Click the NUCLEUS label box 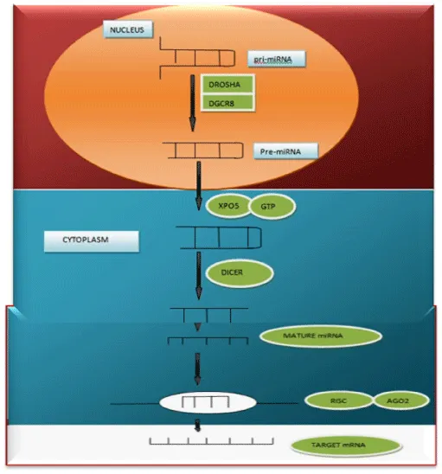(128, 29)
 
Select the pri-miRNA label (276, 59)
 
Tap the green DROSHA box (227, 85)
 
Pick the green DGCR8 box (227, 103)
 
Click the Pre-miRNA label (285, 151)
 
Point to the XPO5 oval (229, 206)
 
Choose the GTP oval (272, 207)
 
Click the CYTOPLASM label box (92, 241)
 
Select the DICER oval (240, 273)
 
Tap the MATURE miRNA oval (320, 336)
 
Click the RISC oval (338, 400)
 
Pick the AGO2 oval (401, 400)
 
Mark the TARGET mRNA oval (346, 445)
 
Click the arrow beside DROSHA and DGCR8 (192, 103)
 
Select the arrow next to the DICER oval (199, 275)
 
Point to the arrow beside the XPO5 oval (199, 186)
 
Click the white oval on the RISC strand (208, 403)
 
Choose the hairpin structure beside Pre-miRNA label (203, 151)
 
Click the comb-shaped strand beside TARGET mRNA (211, 441)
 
